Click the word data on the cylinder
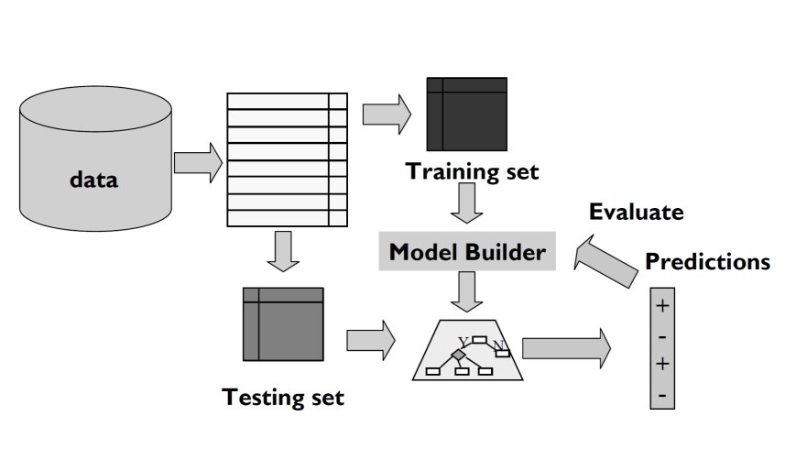[94, 180]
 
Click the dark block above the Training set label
[466, 115]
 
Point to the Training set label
[473, 171]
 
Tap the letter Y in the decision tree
[463, 342]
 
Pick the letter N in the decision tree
[498, 345]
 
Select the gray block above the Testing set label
[283, 323]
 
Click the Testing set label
[284, 397]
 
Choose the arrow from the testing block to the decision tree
[370, 341]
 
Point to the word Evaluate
[636, 213]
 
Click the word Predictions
[707, 262]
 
